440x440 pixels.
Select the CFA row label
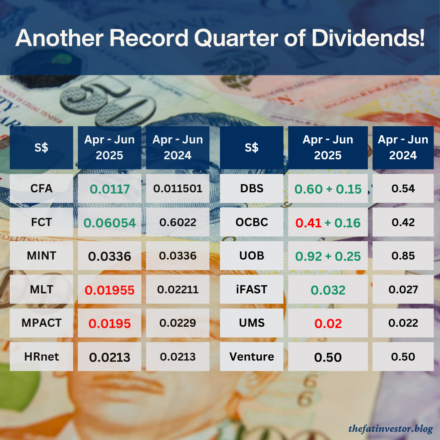(41, 189)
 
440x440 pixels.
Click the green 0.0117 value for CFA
(110, 189)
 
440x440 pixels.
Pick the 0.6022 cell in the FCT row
(178, 222)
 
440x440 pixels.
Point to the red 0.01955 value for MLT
(110, 290)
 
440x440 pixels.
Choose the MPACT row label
(41, 323)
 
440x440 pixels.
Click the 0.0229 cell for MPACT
(178, 323)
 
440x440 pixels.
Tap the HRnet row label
(41, 357)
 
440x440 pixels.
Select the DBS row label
(251, 189)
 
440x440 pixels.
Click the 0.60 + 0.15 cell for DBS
(328, 189)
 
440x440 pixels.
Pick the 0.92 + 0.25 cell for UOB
(328, 256)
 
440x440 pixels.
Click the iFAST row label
(251, 290)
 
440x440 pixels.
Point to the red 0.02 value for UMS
(328, 323)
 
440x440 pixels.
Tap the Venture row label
(251, 357)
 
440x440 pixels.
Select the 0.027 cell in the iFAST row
(403, 290)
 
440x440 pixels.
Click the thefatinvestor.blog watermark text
(390, 429)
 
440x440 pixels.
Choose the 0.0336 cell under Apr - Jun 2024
(178, 256)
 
